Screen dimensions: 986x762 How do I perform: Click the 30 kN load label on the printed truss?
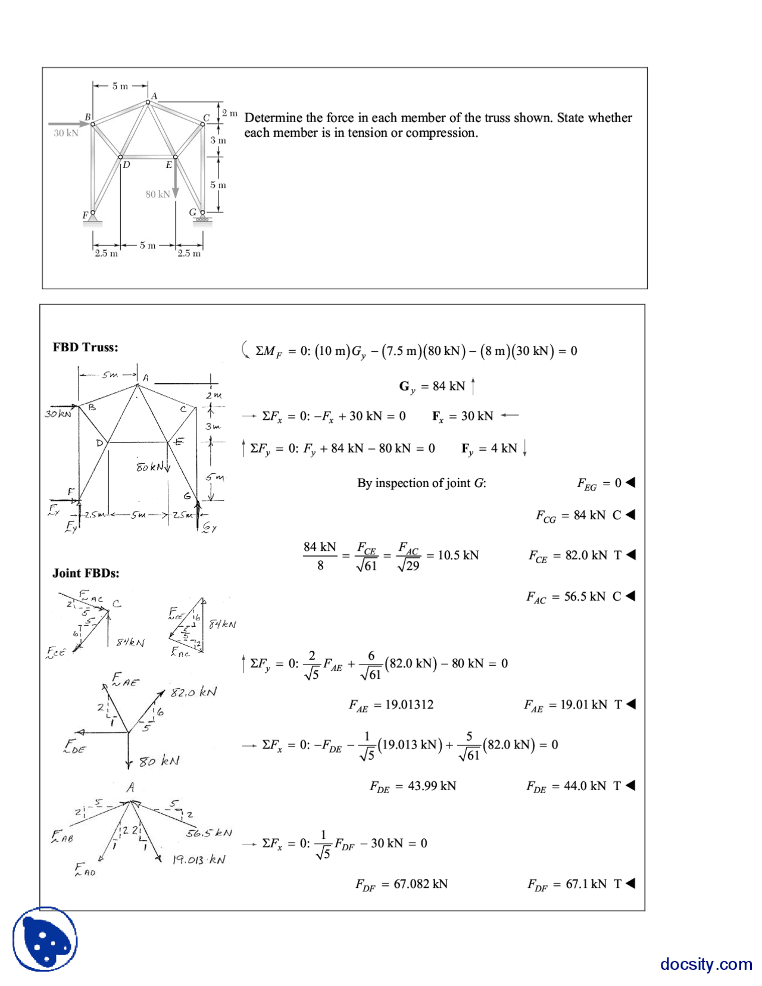pos(65,133)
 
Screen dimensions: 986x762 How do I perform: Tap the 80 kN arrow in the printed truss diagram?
pos(175,179)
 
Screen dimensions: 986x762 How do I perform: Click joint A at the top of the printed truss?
pos(148,102)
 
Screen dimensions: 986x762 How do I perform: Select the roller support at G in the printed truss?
pos(202,219)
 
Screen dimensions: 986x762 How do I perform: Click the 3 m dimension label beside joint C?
pos(218,141)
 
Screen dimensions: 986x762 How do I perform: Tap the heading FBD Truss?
pos(85,347)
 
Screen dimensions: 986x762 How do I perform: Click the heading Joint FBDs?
pos(86,573)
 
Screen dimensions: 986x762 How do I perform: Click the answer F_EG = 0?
pos(599,483)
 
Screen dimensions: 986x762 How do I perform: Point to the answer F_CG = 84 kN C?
pos(578,516)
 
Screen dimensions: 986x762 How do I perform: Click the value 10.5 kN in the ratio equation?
pos(458,555)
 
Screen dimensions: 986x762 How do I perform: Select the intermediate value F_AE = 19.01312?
pos(391,705)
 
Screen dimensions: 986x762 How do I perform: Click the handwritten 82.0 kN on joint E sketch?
pos(194,692)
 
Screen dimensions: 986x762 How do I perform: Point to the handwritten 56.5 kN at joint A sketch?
pos(209,833)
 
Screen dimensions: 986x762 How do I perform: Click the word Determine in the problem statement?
pos(273,117)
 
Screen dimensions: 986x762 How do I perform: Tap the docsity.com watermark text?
pos(705,963)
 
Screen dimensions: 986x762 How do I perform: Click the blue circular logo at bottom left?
pos(45,939)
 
